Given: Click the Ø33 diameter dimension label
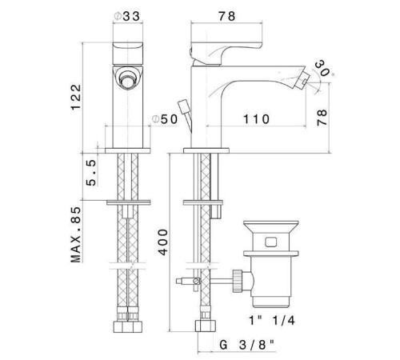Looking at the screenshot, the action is point(126,16).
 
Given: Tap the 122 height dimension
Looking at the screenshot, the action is point(76,97).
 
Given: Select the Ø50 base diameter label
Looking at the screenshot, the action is point(165,119).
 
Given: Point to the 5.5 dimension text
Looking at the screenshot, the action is point(91,173).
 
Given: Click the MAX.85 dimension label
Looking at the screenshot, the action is point(76,234).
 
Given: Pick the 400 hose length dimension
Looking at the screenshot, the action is point(162,242).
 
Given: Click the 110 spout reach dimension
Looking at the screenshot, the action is point(256,119).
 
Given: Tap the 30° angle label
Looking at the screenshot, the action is point(323,68).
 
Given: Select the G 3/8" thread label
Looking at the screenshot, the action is point(247,345).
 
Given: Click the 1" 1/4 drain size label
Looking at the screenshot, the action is point(272,320).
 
